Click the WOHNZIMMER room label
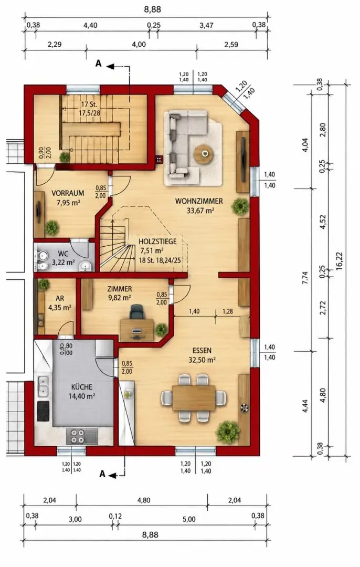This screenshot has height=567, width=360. coord(199,201)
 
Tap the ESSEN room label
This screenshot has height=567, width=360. coord(202,350)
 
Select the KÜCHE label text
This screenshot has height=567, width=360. coord(82,386)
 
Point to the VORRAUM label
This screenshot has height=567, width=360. coord(68,193)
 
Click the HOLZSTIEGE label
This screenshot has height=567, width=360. coord(157,241)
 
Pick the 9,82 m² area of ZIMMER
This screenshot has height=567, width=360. coord(120,297)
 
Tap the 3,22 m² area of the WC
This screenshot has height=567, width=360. coord(63,262)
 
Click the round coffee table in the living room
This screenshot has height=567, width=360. coord(204,154)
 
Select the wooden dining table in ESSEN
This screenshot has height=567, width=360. coord(194,398)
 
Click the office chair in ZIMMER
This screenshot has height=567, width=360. coord(136,312)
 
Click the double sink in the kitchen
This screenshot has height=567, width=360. coord(44,385)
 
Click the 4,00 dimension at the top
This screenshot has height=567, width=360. coord(139,45)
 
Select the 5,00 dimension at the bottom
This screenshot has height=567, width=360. coord(189,519)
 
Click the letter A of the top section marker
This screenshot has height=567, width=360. coord(98,64)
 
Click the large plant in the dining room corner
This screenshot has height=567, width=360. coord(228,432)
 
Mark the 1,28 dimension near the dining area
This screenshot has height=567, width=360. coord(228,311)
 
